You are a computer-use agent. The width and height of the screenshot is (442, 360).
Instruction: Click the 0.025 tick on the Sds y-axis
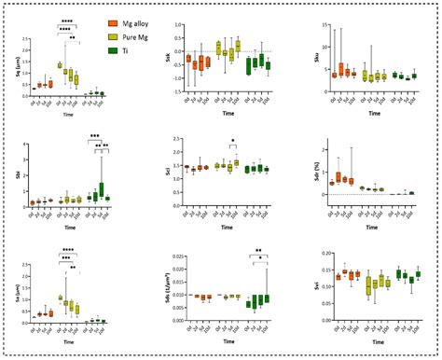[177, 254]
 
